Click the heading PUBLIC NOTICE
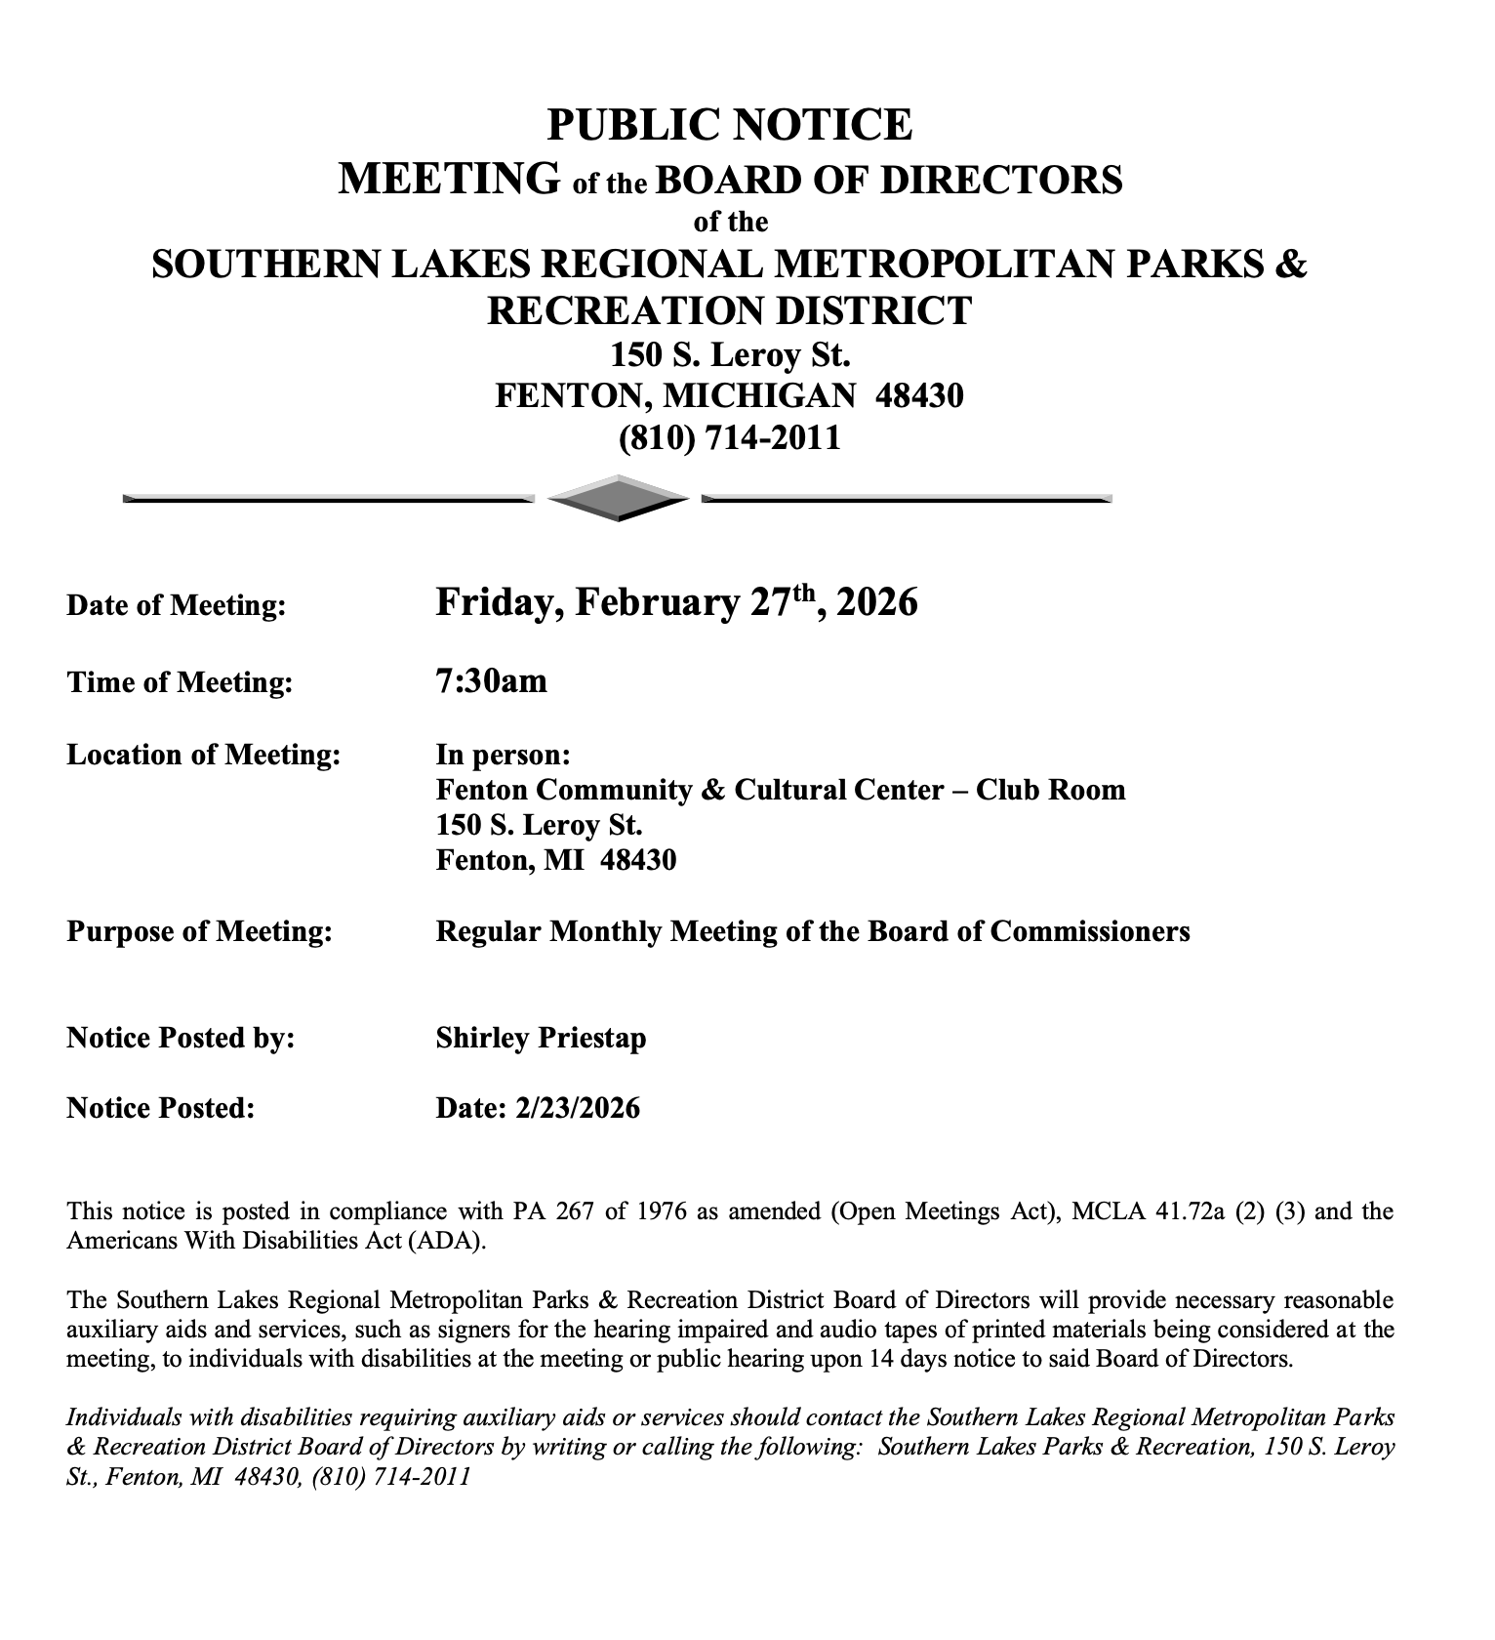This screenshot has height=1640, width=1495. point(729,126)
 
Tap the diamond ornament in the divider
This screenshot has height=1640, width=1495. point(618,498)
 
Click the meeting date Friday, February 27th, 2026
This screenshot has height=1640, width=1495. point(676,602)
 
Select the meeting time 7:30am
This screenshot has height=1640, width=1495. point(492,680)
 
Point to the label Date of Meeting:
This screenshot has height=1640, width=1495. point(177,605)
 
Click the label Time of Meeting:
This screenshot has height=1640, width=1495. point(180,681)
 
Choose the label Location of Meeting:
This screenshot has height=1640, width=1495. point(204,755)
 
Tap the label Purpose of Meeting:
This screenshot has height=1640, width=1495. point(200,931)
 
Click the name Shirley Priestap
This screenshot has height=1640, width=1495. point(541,1038)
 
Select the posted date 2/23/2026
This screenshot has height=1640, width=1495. point(575,1108)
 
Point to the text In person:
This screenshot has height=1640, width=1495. point(503,755)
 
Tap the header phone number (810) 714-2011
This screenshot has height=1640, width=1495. point(729,437)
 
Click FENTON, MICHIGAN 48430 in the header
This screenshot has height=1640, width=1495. point(729,395)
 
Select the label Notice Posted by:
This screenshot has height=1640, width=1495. point(182,1038)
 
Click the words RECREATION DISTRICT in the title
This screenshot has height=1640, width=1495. point(729,310)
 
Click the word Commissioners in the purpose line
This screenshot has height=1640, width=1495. point(1090,931)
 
